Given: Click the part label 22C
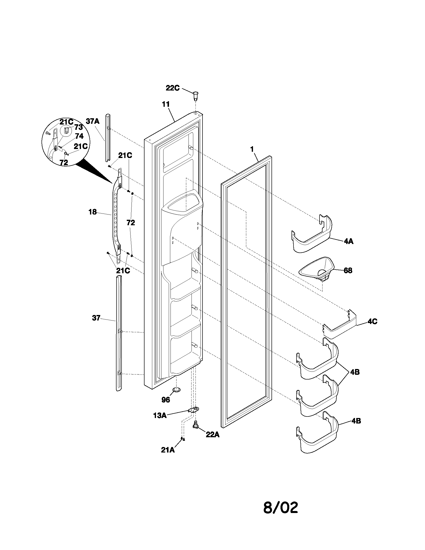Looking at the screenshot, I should coord(172,88).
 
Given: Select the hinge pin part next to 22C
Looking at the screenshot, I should coord(194,95).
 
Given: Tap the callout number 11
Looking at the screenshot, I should coord(166,104).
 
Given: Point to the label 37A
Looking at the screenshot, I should coord(92,121).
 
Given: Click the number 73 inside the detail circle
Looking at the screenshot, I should coord(78,127).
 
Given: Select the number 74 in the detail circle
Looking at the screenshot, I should coord(79,136).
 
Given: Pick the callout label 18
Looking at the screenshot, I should coord(92,212).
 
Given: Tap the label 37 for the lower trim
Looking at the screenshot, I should coord(96,318).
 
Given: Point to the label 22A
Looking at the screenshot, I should coord(212,434).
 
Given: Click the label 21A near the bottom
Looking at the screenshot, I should coord(168,450).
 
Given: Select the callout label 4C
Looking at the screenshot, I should coord(372,321).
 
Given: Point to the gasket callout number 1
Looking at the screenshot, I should coord(251,149).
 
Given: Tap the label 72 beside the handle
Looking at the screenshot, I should coord(131,222).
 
